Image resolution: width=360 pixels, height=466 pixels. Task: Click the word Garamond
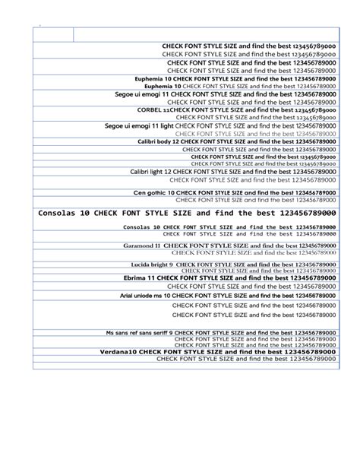click(137, 246)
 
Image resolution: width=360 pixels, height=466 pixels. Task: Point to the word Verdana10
click(118, 353)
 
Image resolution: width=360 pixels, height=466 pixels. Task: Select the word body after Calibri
click(164, 141)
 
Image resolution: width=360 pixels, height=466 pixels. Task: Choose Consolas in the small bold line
click(136, 227)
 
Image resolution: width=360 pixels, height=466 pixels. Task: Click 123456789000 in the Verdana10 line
click(308, 353)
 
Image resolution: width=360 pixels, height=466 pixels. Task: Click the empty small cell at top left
click(53, 33)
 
